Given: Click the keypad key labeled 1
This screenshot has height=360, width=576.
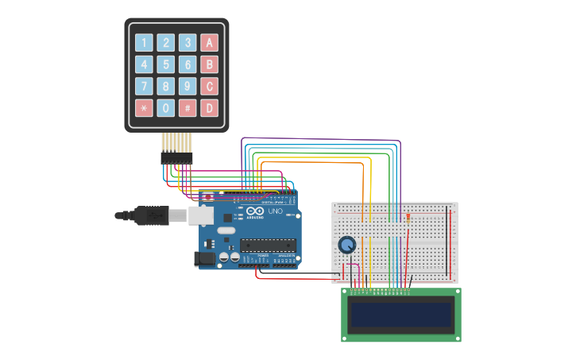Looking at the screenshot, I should point(144,43).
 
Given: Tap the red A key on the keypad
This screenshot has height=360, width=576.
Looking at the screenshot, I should point(209,43).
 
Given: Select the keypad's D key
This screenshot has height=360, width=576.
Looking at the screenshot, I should point(209,107).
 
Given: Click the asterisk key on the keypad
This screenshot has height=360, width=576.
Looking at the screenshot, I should point(144,107).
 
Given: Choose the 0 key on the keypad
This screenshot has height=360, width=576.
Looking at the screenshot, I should point(165,107).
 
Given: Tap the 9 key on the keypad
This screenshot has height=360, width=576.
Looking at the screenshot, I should point(187,86).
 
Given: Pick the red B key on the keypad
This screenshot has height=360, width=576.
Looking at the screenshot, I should point(209,64).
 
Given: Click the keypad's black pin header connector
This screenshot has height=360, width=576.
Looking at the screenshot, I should point(176,158).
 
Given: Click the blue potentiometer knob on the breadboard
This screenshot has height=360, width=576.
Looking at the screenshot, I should point(347,245).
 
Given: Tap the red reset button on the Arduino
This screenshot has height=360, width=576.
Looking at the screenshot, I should point(207,196).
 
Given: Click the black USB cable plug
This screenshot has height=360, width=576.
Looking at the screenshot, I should point(151,215).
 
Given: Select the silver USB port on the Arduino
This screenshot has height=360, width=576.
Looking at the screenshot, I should point(200,215).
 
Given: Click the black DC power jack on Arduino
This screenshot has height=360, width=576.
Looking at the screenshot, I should point(205,258).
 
